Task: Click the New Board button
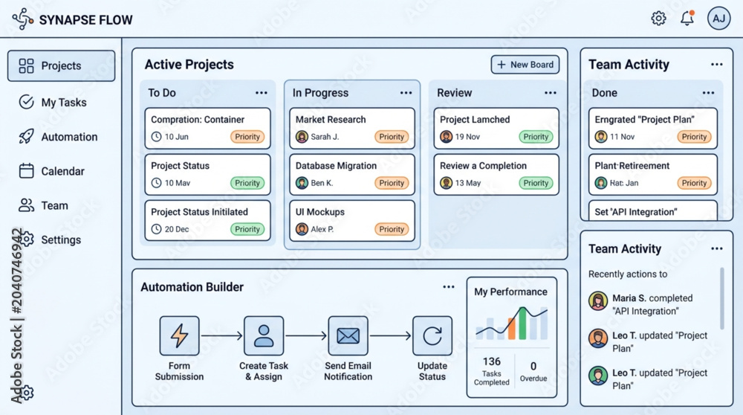click(525, 65)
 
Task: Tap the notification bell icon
click(687, 18)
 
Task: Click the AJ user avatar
click(718, 19)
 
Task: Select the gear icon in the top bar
click(658, 19)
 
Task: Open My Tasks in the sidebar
click(53, 102)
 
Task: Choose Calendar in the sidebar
click(52, 171)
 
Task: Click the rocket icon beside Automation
click(26, 137)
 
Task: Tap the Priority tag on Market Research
click(392, 137)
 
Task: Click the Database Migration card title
click(336, 166)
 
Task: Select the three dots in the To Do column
click(262, 93)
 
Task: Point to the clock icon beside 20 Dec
click(156, 229)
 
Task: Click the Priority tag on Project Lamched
click(536, 137)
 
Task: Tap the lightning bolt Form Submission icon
click(179, 336)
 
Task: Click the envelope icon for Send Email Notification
click(348, 336)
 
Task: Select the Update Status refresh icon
click(432, 336)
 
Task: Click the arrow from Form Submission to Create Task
click(221, 336)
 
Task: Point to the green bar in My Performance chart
click(522, 324)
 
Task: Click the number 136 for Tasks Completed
click(491, 361)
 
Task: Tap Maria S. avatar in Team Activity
click(598, 300)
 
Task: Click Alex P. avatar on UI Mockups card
click(302, 229)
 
